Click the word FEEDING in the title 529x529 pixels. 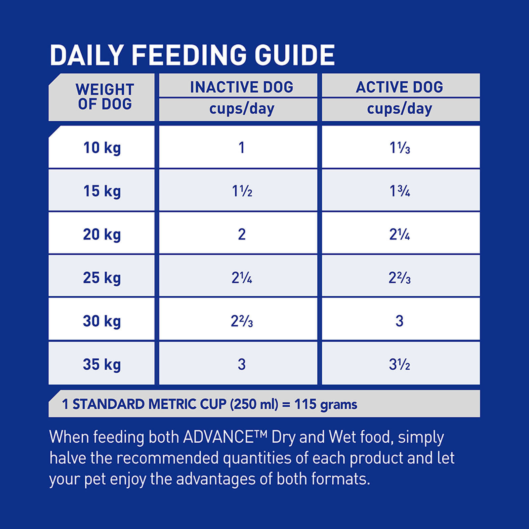[189, 55]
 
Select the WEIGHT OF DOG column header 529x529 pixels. [104, 97]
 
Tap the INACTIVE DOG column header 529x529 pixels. [241, 87]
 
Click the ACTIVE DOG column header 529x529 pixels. [399, 87]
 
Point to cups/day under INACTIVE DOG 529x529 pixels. [242, 109]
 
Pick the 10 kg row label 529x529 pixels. [102, 148]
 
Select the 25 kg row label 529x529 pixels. [102, 278]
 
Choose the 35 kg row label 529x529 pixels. [102, 364]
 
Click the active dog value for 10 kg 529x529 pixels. [400, 148]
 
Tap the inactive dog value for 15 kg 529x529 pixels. [242, 191]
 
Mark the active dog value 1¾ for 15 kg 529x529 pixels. [400, 191]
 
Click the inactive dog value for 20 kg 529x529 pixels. [242, 234]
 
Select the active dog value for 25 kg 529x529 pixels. [400, 278]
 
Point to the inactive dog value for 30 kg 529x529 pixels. [242, 321]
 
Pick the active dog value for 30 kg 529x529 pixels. [399, 321]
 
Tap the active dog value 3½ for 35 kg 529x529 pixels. [400, 364]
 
